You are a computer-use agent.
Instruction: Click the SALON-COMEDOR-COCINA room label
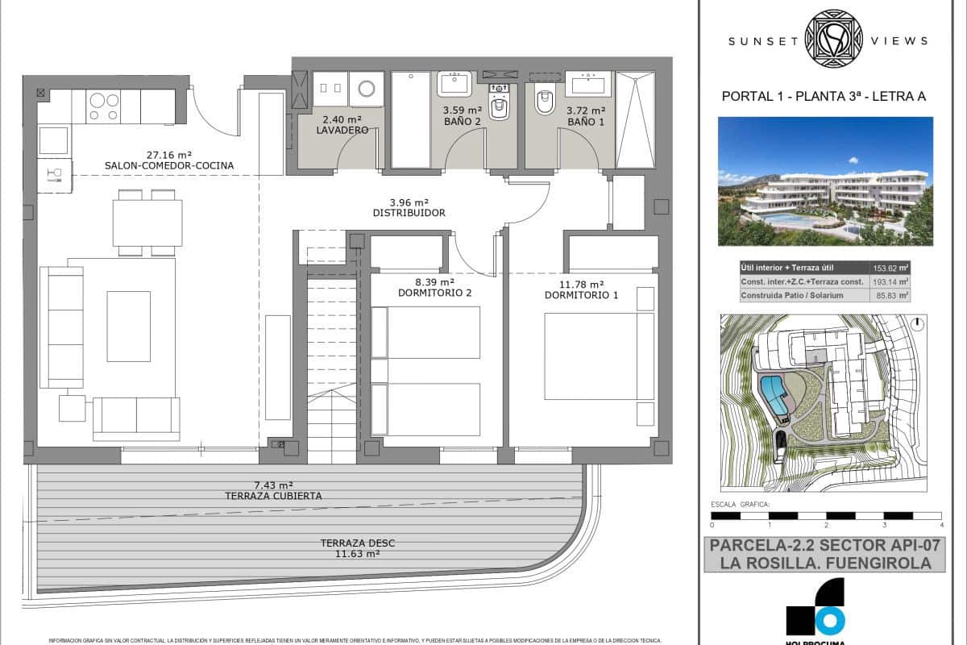168,166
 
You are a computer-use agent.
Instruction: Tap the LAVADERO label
342,130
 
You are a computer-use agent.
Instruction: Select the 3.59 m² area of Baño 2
462,110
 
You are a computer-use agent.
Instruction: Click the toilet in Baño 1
545,102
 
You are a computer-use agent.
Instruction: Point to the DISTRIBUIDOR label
409,213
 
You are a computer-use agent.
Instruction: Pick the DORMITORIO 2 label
434,294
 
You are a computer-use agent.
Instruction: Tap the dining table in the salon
147,223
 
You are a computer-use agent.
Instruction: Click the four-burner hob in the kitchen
103,106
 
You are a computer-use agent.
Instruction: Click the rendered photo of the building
825,181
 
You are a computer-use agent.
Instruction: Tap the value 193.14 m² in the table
890,282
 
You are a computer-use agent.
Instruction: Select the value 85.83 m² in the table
890,296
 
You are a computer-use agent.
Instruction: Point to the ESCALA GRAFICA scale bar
826,515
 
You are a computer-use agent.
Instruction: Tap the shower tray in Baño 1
635,120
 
